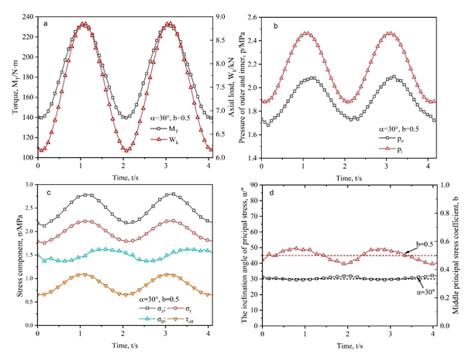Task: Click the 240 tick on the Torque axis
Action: coord(29,16)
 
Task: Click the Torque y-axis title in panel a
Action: coord(10,87)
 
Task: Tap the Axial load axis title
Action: coord(234,87)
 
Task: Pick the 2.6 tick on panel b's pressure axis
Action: coord(250,16)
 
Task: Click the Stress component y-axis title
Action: coord(10,255)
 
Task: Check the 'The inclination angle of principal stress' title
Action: coord(243,255)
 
